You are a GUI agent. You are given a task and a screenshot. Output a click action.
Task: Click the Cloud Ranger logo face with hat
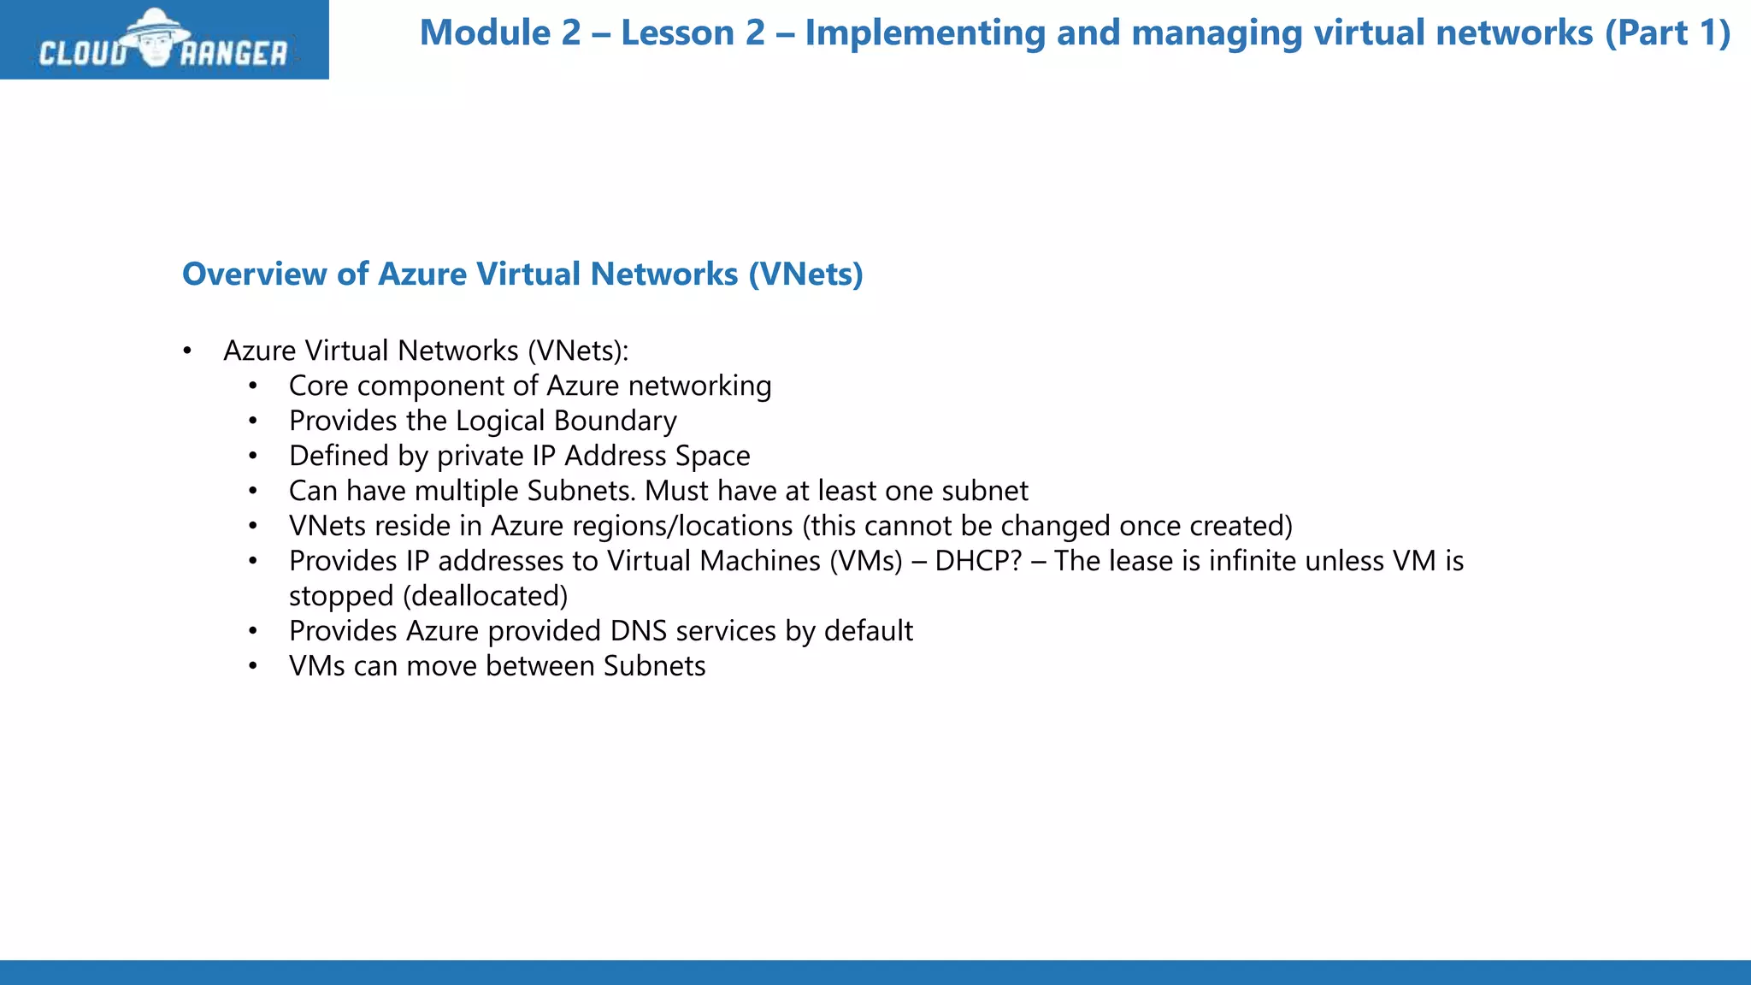point(155,38)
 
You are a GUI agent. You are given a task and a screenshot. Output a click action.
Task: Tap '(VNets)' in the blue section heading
point(805,274)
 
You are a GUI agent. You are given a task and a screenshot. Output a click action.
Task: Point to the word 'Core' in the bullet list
point(318,386)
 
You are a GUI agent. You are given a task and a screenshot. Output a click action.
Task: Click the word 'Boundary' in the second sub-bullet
point(615,422)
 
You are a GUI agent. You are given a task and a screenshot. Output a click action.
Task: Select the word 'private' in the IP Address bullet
point(480,457)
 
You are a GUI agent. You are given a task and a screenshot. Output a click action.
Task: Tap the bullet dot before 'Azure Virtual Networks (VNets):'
point(187,351)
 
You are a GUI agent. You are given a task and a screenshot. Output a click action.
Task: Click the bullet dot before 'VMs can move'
point(253,667)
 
